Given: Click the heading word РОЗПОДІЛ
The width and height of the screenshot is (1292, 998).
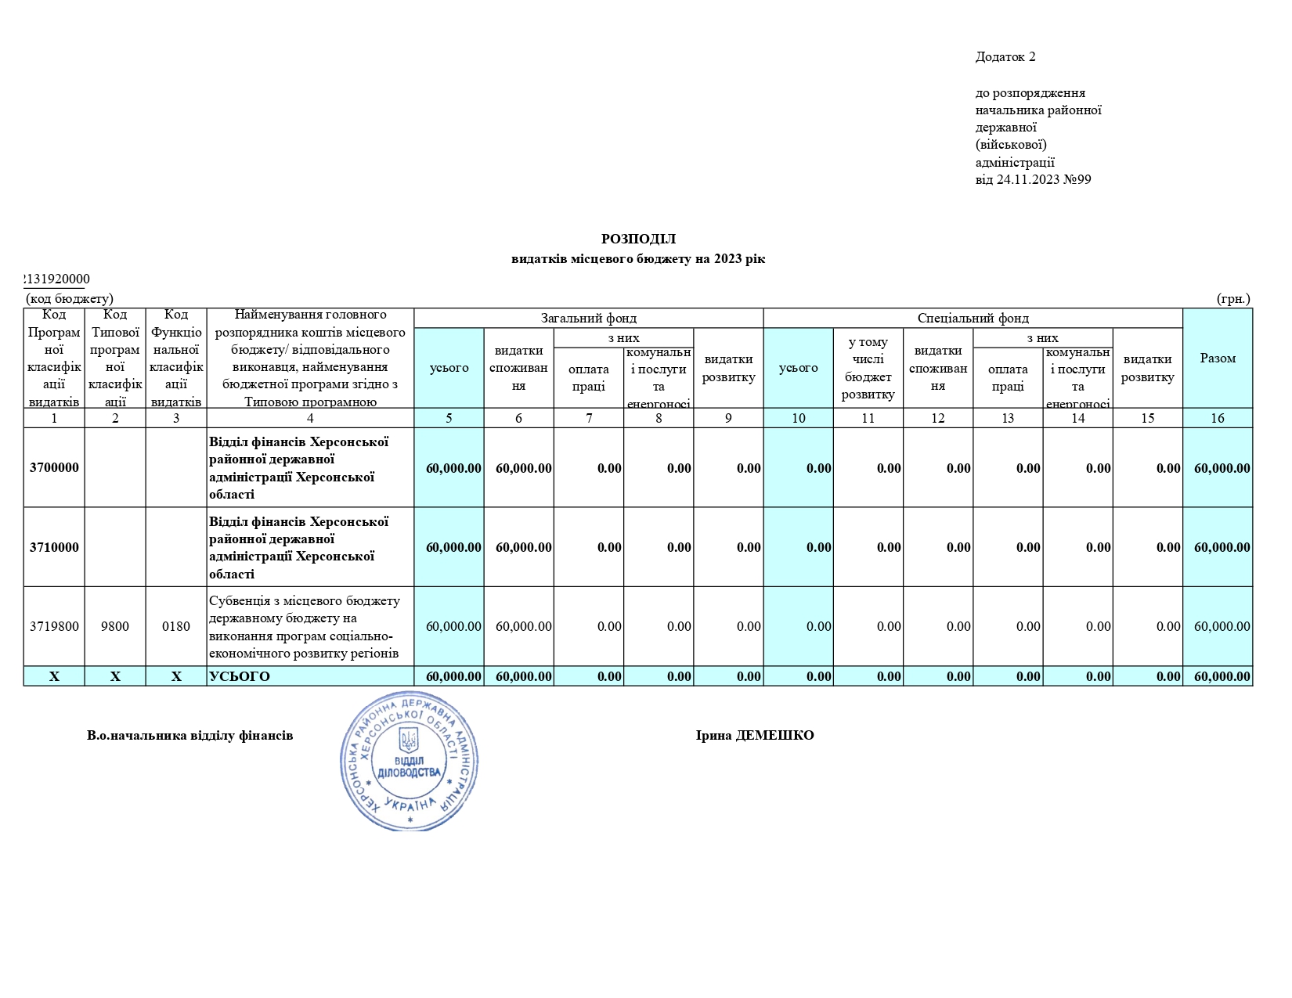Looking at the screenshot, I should [x=638, y=239].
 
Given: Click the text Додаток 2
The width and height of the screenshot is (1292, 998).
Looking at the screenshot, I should [x=1005, y=56].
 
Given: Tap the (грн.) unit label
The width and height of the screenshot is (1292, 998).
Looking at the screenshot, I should [x=1233, y=298].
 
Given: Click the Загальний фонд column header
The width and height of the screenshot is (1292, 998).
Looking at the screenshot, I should [x=588, y=318].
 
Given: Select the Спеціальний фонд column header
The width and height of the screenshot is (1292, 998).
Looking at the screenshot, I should [x=973, y=318].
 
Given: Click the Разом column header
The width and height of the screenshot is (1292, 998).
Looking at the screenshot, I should [x=1218, y=358].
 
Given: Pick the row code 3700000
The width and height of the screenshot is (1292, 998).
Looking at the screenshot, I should [x=54, y=468].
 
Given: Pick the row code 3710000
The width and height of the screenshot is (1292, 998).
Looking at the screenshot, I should [x=54, y=547].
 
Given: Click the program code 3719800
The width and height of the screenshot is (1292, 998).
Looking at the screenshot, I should [x=54, y=626].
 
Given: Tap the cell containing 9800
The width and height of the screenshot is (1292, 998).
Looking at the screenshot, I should [x=115, y=626].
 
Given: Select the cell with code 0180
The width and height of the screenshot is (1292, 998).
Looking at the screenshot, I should [x=176, y=626].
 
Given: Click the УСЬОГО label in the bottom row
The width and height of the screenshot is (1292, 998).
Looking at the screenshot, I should [x=240, y=676].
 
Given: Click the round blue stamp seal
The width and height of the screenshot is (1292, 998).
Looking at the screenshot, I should [x=410, y=760].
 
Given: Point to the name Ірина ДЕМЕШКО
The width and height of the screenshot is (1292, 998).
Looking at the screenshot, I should [x=755, y=735].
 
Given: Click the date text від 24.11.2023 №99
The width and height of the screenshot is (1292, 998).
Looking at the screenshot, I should [x=1033, y=179].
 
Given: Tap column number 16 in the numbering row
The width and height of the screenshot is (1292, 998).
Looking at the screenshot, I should [x=1218, y=418].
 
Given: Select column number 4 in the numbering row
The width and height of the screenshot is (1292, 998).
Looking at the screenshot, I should [x=310, y=418].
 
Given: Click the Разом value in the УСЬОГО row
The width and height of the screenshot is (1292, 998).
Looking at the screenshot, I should [x=1222, y=676].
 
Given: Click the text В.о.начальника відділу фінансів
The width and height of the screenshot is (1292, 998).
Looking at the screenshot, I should [x=190, y=735].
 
